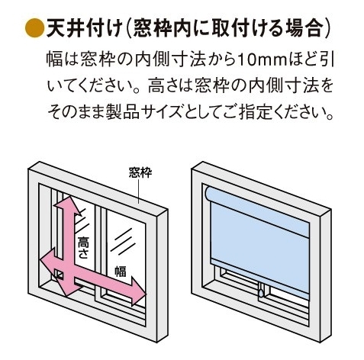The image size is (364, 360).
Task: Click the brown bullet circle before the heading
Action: pos(34,28)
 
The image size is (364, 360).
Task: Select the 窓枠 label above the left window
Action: pos(140,172)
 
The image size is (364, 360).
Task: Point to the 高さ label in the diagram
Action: pos(83,247)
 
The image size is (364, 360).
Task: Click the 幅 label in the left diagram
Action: pos(121,271)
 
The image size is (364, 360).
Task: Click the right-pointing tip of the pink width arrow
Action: pos(147,294)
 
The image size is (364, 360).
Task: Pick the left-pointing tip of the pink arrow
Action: pos(40,260)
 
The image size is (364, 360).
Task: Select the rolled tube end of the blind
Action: pos(208,193)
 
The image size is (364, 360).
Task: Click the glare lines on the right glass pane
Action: pos(123,242)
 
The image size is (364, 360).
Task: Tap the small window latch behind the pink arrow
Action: pos(60,275)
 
